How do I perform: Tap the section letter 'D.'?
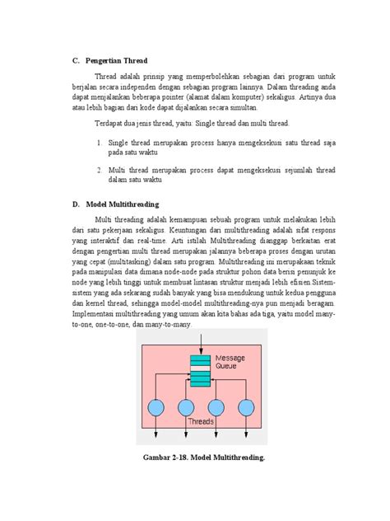76,204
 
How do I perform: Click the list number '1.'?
99,143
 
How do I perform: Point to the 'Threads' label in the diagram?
201,420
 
